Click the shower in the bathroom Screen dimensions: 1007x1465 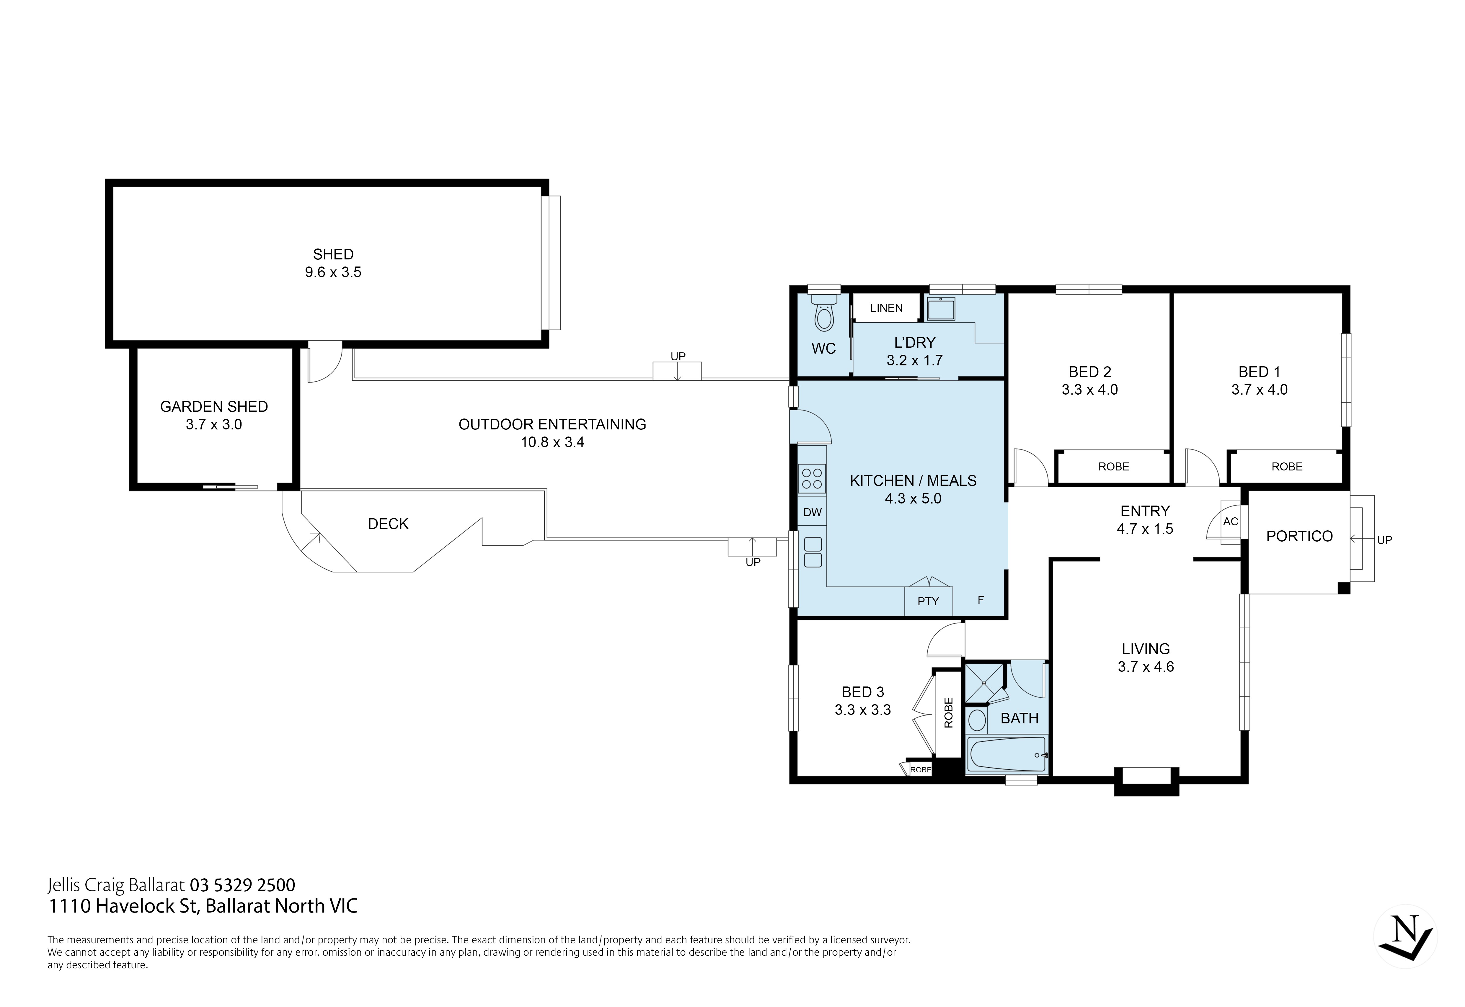click(x=984, y=683)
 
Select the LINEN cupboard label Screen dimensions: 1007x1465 click(x=886, y=308)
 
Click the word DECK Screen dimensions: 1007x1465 click(x=388, y=524)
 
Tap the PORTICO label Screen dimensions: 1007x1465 click(x=1299, y=536)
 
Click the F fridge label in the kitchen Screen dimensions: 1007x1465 click(x=980, y=600)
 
